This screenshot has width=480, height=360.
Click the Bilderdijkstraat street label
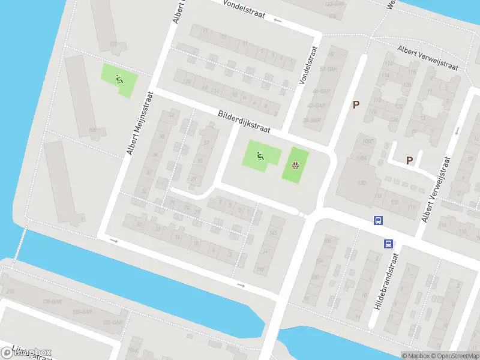coord(245,121)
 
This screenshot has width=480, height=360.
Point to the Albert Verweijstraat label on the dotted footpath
coord(428,58)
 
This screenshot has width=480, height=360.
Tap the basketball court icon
coord(295,166)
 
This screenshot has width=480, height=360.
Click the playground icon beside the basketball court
coord(260,157)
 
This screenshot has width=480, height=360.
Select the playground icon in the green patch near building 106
coord(119,79)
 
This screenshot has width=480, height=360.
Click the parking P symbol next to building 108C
coord(356,105)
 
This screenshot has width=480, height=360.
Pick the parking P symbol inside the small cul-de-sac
coord(409,160)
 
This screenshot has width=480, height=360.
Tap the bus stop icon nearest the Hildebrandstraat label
coord(389,244)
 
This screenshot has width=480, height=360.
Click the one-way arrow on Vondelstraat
coord(277,20)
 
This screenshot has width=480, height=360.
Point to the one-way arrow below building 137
coord(241,285)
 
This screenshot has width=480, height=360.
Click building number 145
coord(273,233)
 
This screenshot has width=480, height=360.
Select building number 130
coord(361,183)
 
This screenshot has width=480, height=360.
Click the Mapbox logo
coord(27,352)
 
